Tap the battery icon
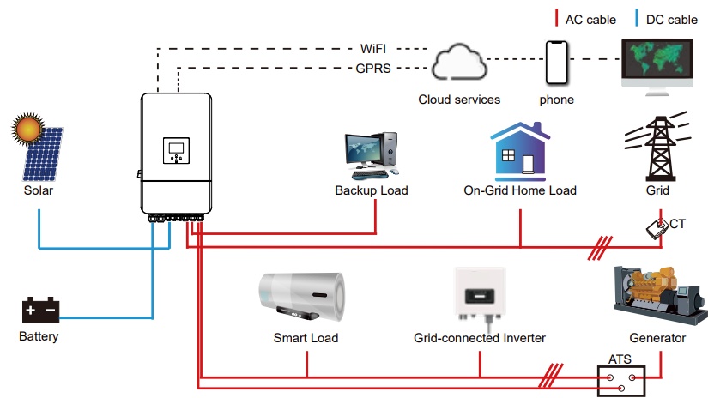pyautogui.click(x=39, y=311)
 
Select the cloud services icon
pyautogui.click(x=458, y=66)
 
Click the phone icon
pyautogui.click(x=557, y=63)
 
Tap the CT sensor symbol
pyautogui.click(x=657, y=227)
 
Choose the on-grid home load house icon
pyautogui.click(x=519, y=151)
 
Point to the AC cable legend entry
pyautogui.click(x=588, y=19)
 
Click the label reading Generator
pyautogui.click(x=657, y=338)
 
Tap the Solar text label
pyautogui.click(x=38, y=190)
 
